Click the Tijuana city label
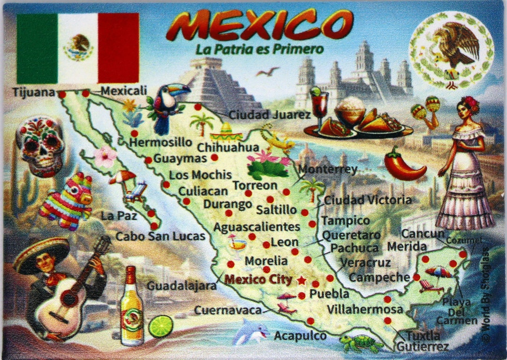point(34,92)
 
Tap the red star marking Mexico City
point(301,280)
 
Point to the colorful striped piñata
point(67,201)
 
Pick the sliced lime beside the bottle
point(161,326)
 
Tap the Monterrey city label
point(328,169)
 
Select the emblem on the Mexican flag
point(78,47)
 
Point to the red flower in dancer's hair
point(471,104)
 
